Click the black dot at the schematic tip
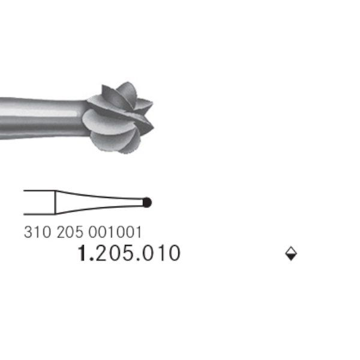[147, 202]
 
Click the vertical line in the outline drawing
[55, 202]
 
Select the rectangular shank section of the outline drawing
[39, 202]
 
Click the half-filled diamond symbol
[291, 254]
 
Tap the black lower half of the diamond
[291, 257]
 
